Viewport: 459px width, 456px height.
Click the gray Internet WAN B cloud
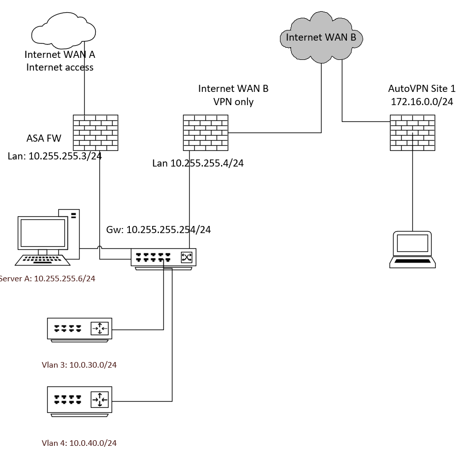321,37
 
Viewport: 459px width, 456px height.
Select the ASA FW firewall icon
95,133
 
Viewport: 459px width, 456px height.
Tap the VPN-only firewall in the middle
205,133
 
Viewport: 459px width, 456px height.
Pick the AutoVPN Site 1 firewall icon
412,133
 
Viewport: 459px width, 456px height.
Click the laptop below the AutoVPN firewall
412,249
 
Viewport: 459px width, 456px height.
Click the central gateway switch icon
163,257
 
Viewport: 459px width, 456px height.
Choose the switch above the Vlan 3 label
79,329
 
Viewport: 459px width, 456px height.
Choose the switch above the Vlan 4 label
79,400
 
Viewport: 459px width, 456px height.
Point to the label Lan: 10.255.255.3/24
55,156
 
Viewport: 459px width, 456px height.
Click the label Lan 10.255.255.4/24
198,164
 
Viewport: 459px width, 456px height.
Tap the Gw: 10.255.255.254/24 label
158,230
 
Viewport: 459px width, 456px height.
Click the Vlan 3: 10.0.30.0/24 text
79,365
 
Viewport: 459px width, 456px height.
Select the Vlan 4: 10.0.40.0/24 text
79,443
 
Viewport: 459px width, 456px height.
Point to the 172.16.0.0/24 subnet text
421,102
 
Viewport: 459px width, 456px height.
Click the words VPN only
233,102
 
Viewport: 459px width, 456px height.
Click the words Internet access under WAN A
60,67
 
